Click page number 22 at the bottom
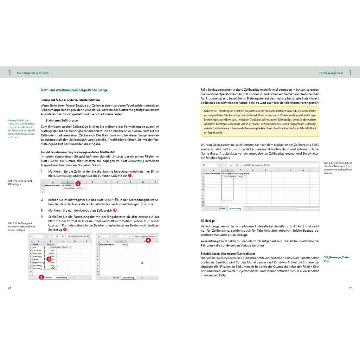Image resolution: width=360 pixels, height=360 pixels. [x=9, y=288]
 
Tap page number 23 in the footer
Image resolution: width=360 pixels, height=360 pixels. [x=350, y=288]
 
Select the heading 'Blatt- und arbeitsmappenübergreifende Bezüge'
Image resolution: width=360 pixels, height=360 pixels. [x=74, y=90]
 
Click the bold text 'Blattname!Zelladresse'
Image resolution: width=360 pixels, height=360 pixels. [x=62, y=120]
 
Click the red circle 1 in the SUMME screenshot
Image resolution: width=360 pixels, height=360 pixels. [x=78, y=184]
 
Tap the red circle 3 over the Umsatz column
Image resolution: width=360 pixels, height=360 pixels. [x=49, y=259]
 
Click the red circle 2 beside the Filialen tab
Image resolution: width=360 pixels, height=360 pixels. [x=41, y=277]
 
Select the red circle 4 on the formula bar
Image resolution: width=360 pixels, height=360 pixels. [x=148, y=240]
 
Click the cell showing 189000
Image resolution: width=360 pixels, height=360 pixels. [x=121, y=244]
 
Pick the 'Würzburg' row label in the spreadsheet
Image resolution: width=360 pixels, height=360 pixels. [x=37, y=269]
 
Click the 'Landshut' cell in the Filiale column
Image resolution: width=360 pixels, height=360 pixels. [x=37, y=250]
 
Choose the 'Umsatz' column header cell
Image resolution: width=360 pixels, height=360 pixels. [x=51, y=244]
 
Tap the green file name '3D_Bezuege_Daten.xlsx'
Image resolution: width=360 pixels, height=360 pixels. [x=337, y=259]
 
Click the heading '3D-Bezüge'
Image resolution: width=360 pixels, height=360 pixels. [x=207, y=221]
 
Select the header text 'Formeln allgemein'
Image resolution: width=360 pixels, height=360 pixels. [x=331, y=73]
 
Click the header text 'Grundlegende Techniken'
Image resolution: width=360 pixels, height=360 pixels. [x=33, y=73]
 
